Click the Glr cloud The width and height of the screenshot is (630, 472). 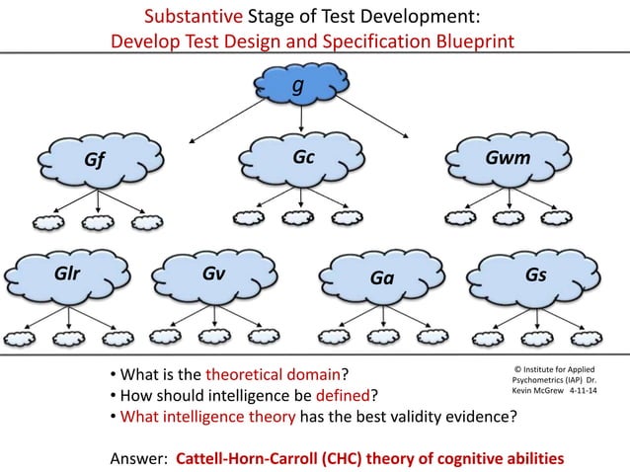point(67,275)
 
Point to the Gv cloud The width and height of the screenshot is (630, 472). point(213,275)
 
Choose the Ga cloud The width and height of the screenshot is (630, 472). point(381,278)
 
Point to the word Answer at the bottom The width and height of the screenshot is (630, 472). point(136,458)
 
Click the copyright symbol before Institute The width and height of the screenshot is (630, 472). point(519,367)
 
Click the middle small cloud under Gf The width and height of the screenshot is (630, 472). point(94,222)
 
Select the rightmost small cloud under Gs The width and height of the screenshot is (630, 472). point(572,338)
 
